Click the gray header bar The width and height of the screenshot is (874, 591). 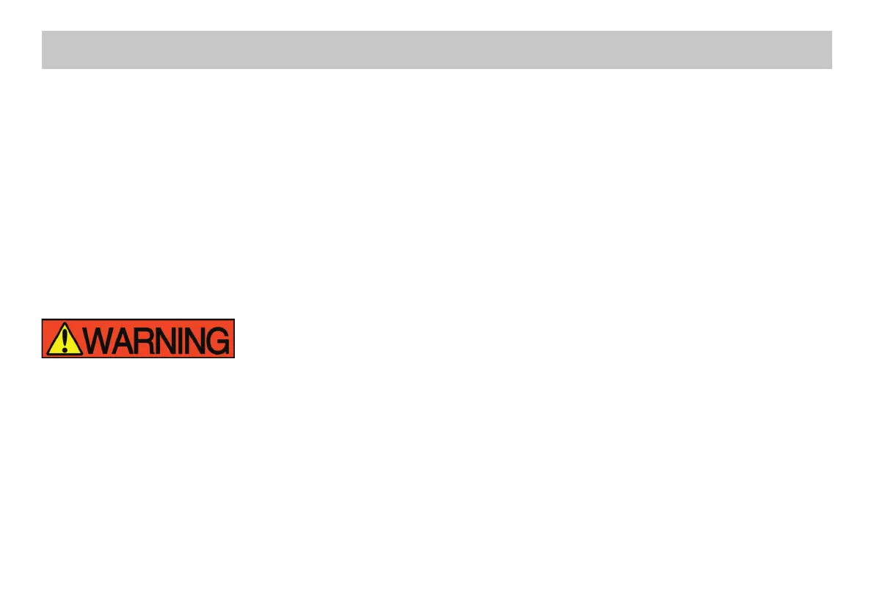pos(437,50)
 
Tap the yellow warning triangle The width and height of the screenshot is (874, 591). pos(65,342)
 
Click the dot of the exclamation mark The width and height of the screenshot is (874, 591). pos(65,350)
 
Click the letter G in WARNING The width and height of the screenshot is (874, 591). pos(219,339)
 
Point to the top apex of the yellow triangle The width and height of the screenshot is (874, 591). pos(65,324)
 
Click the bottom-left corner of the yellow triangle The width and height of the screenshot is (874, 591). pos(48,354)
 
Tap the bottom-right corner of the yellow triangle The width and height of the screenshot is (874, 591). pos(81,354)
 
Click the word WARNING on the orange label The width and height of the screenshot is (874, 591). pos(159,339)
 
